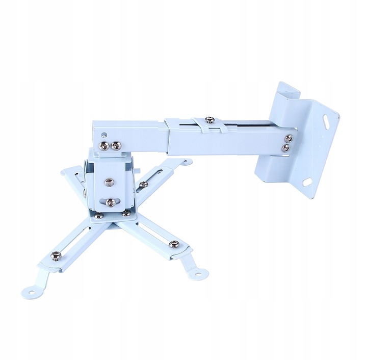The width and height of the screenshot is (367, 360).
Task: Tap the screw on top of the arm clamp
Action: tap(208, 120)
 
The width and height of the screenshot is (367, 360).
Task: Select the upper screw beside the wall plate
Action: tap(290, 138)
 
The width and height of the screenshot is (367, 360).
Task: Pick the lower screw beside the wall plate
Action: tap(285, 148)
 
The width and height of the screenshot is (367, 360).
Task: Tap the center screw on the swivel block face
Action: tap(109, 182)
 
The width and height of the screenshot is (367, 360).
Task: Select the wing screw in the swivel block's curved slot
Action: tap(110, 200)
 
